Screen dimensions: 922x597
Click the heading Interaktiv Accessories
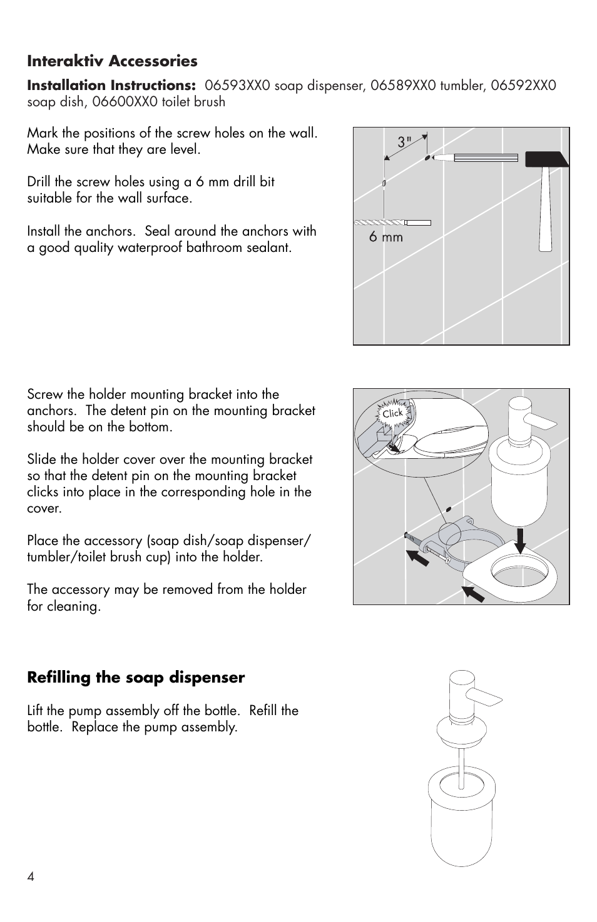[112, 61]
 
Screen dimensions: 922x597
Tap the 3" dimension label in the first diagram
[405, 143]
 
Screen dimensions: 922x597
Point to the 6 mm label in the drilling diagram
[385, 237]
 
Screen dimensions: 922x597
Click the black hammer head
[546, 159]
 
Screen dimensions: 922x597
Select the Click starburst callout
[392, 413]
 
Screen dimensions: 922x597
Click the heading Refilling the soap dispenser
[136, 678]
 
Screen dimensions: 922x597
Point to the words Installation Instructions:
[111, 86]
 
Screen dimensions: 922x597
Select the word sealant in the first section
[268, 248]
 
